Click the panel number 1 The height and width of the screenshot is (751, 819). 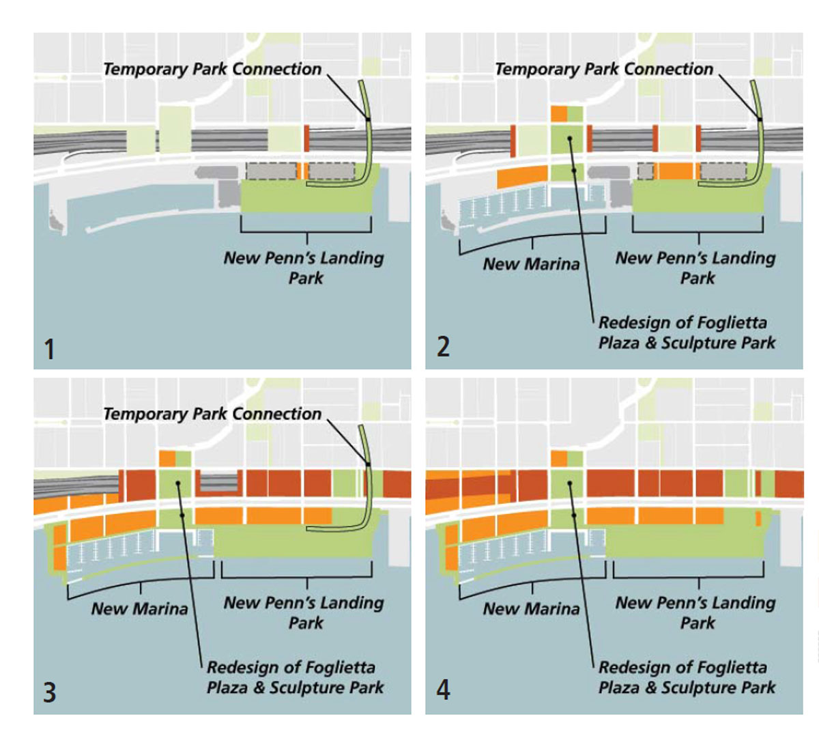click(x=49, y=350)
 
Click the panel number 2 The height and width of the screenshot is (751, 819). click(x=443, y=347)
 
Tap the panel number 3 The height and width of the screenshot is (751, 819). click(x=49, y=692)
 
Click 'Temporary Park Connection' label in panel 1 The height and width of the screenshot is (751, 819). click(x=212, y=69)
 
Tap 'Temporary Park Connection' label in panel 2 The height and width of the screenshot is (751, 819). click(x=604, y=69)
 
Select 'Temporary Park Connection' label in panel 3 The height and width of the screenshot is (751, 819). click(x=212, y=414)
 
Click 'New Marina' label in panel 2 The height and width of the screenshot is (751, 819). click(x=531, y=264)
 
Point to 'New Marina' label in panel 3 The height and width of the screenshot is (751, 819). click(x=139, y=609)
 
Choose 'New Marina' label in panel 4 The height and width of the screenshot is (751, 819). click(x=531, y=609)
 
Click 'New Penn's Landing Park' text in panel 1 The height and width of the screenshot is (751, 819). click(x=304, y=268)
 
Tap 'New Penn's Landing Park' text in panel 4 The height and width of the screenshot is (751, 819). click(x=696, y=612)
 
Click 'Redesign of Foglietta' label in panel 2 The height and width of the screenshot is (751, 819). click(x=682, y=322)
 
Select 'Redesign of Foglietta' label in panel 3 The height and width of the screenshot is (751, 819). click(x=291, y=667)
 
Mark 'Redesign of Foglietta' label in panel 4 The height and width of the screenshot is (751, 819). click(x=682, y=667)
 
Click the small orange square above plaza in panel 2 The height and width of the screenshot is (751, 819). click(x=558, y=113)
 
